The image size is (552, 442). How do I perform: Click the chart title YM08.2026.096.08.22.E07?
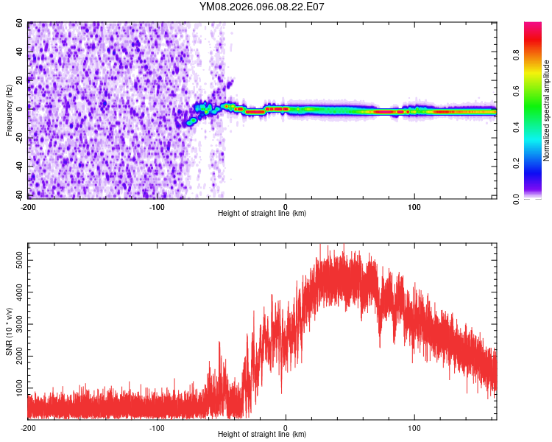click(262, 7)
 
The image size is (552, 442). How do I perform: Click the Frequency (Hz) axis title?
click(10, 110)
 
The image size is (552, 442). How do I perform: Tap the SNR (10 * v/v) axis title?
click(10, 332)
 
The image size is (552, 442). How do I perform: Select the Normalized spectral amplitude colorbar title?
click(547, 111)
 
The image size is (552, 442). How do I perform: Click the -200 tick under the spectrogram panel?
click(28, 207)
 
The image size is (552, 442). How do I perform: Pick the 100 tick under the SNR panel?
click(414, 428)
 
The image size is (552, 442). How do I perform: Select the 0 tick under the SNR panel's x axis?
click(286, 428)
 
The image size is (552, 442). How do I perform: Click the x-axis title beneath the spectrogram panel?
click(262, 214)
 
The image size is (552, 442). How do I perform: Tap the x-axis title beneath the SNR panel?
click(262, 435)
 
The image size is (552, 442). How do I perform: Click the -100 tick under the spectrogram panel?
click(157, 207)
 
